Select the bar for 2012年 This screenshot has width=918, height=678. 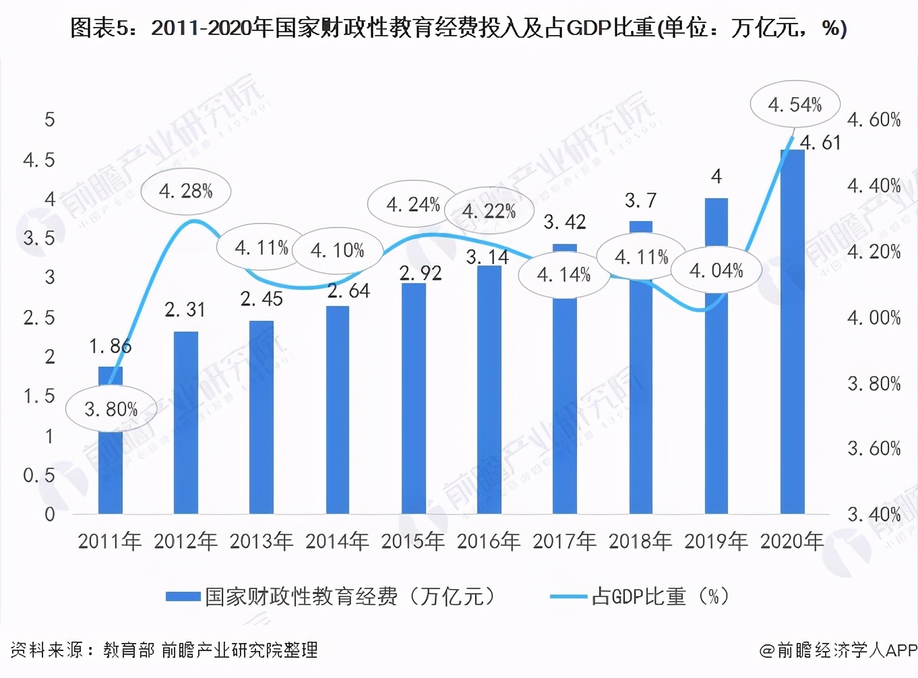coord(186,425)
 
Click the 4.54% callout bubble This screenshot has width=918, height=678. coord(795,104)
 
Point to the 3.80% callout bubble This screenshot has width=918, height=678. coord(111,409)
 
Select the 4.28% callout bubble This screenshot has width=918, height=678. coord(186,191)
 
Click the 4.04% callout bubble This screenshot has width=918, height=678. coord(716,271)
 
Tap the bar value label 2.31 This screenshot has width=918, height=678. coord(185,309)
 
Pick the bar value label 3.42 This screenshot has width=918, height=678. coord(565,222)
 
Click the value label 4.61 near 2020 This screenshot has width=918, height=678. coord(820,143)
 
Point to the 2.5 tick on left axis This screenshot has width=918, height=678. coord(39,317)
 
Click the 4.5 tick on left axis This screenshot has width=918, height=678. coord(39,160)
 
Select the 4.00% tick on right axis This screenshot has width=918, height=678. coord(874,317)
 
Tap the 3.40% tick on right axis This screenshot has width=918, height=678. coord(874,515)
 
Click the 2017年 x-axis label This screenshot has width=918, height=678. coord(565,541)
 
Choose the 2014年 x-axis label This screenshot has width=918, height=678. coord(337,541)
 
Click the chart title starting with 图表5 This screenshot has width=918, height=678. coord(458,28)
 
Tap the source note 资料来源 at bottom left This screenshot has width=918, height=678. coord(164,650)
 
